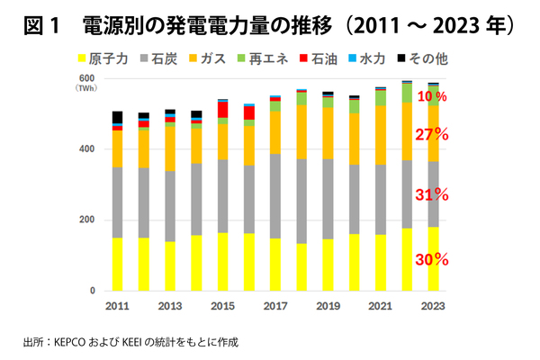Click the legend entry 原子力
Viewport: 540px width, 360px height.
[107, 59]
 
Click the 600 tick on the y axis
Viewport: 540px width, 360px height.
[88, 78]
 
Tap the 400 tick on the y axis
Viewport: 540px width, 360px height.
[88, 148]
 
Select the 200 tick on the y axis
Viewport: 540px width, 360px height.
[88, 220]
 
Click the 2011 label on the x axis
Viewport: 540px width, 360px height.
[117, 307]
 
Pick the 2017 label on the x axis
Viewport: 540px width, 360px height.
[274, 307]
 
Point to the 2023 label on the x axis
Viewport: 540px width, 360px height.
[434, 307]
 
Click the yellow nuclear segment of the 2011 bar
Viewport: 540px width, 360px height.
[117, 265]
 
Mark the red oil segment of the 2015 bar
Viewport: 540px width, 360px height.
[222, 110]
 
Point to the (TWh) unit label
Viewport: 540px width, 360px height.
[87, 88]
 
